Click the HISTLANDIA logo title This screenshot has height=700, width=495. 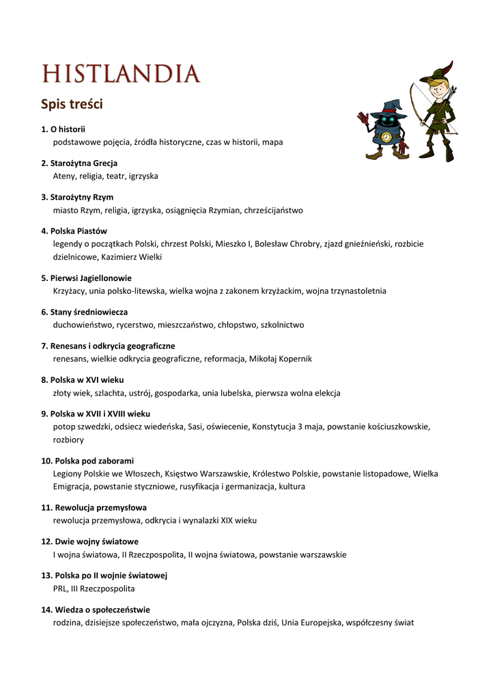pos(121,74)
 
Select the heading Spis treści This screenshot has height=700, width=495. pos(72,105)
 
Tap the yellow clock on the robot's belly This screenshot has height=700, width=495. pos(386,137)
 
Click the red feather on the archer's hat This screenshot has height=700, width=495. pos(447,68)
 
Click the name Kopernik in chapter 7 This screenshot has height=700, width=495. pos(294,358)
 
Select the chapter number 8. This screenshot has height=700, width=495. pos(44,379)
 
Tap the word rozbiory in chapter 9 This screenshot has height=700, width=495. pos(68,440)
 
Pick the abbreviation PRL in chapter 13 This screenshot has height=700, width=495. pos(60,588)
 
